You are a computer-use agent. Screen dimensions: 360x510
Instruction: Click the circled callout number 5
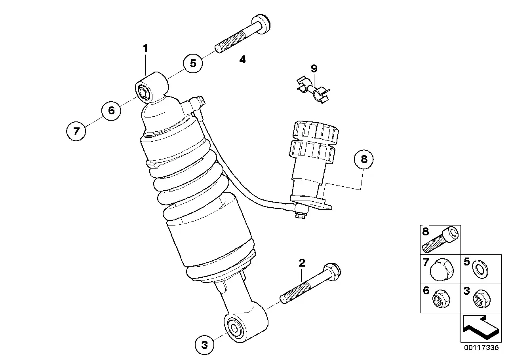click(x=193, y=63)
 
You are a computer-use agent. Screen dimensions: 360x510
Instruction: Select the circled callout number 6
click(x=111, y=110)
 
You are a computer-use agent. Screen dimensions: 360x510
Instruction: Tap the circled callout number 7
click(x=76, y=131)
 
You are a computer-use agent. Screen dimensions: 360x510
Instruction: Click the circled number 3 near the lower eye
click(x=204, y=345)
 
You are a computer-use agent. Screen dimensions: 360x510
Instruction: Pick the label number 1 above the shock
click(x=145, y=49)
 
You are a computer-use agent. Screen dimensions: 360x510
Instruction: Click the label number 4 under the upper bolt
click(x=242, y=60)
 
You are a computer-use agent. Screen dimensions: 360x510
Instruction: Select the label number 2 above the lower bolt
click(x=302, y=262)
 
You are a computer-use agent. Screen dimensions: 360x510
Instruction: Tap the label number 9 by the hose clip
click(x=314, y=68)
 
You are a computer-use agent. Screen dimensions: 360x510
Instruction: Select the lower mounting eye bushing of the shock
click(x=234, y=328)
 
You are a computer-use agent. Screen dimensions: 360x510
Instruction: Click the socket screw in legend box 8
click(x=441, y=240)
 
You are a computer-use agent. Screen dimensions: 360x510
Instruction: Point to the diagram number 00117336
click(x=480, y=348)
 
